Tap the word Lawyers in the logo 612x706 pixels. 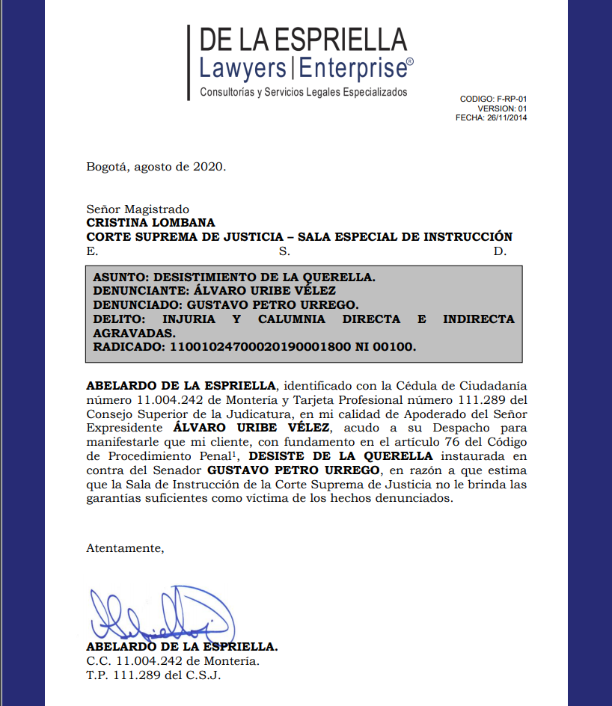(242, 69)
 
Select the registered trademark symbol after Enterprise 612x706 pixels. (410, 63)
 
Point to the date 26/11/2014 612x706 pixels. (507, 117)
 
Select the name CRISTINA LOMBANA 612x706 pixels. (150, 223)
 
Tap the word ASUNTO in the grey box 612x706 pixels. (117, 277)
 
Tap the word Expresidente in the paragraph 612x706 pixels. (123, 429)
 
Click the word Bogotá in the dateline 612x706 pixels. (106, 166)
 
